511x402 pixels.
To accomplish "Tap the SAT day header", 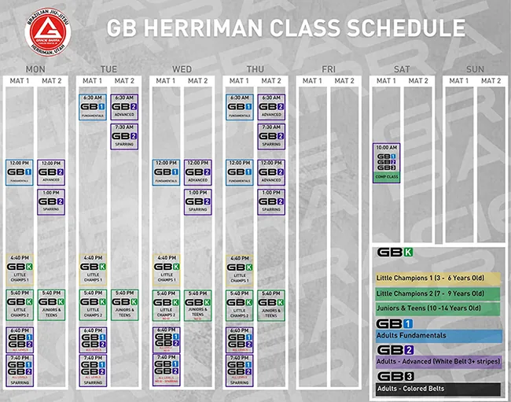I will [402, 69].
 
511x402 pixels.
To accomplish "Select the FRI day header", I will [328, 69].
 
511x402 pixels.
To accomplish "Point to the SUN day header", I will [475, 69].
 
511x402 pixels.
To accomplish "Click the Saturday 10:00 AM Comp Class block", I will [386, 163].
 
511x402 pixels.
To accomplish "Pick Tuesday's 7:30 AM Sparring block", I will [124, 136].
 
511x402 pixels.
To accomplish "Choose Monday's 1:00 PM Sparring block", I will [51, 201].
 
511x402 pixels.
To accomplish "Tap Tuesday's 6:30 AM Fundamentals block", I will [92, 107].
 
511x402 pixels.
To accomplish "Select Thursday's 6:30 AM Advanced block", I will [270, 107].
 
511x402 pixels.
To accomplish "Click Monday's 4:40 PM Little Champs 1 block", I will [19, 269].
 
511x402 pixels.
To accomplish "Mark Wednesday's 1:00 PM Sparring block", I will [197, 201].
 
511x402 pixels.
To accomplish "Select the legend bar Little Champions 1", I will [438, 277].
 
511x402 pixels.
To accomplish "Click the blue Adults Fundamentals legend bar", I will [438, 336].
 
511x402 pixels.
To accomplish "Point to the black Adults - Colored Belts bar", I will [438, 389].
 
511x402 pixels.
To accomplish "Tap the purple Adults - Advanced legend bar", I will [438, 362].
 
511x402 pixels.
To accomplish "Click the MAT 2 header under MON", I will [51, 81].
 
